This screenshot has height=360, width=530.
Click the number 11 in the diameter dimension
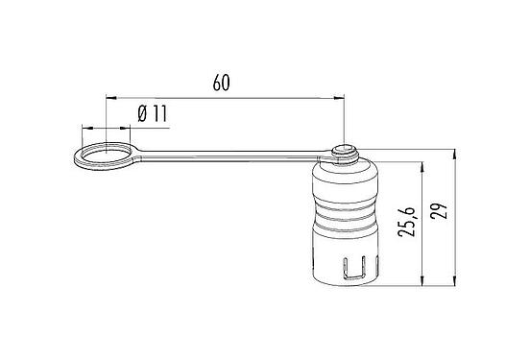pyautogui.click(x=159, y=113)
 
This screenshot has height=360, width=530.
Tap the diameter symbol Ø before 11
pyautogui.click(x=143, y=113)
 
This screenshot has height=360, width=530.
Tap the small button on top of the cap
pyautogui.click(x=343, y=151)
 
